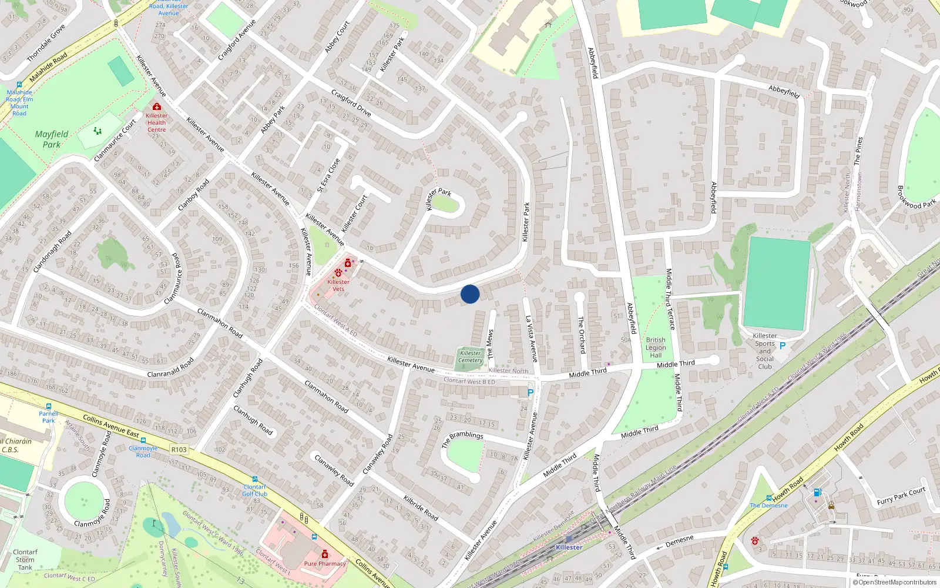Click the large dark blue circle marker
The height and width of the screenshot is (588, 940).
470,294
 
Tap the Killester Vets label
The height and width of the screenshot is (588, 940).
338,285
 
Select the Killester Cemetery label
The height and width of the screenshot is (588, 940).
470,356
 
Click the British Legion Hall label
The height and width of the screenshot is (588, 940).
656,348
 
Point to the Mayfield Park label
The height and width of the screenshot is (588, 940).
52,139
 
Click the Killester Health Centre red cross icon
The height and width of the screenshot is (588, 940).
156,107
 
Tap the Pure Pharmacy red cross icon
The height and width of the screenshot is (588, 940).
325,554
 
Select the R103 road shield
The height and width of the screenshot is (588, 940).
179,450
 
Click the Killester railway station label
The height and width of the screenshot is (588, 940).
569,547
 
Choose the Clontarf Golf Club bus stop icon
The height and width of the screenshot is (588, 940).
254,479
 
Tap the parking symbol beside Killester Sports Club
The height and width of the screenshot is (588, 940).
782,346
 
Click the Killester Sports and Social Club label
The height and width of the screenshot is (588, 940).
764,351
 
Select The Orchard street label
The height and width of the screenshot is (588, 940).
581,335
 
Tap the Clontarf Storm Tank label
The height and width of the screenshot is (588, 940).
25,560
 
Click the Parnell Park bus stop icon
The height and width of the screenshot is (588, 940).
49,406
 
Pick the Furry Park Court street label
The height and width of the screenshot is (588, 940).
901,496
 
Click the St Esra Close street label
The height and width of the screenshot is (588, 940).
328,175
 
